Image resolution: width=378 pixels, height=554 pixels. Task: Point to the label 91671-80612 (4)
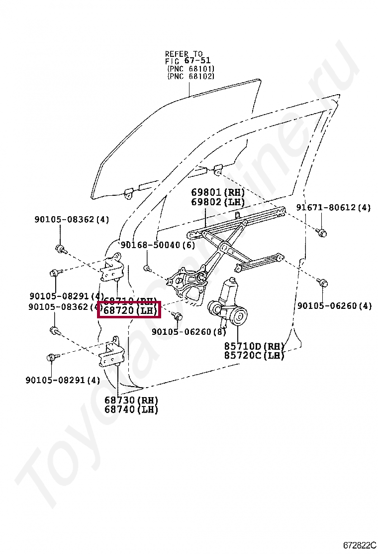point(333,208)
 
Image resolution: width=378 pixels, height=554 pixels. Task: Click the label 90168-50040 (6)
point(158,245)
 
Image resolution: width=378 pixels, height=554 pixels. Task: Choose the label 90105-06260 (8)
point(189,332)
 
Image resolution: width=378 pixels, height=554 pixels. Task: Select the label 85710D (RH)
point(254,346)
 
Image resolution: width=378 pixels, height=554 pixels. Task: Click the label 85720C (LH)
point(254,355)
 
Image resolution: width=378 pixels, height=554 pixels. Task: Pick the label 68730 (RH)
point(131,400)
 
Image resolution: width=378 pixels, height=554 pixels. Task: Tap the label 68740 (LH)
point(131,410)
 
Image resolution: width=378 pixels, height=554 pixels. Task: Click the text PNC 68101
point(191,68)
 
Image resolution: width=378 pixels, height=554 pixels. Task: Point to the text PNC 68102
point(191,76)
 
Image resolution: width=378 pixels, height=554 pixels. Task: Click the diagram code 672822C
point(359,546)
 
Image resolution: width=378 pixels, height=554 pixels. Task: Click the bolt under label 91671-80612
point(321,232)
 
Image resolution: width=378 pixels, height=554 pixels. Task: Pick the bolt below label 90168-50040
point(148,269)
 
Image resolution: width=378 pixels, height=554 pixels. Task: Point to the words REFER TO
point(184,53)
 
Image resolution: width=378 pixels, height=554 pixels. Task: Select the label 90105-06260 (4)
point(334,306)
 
